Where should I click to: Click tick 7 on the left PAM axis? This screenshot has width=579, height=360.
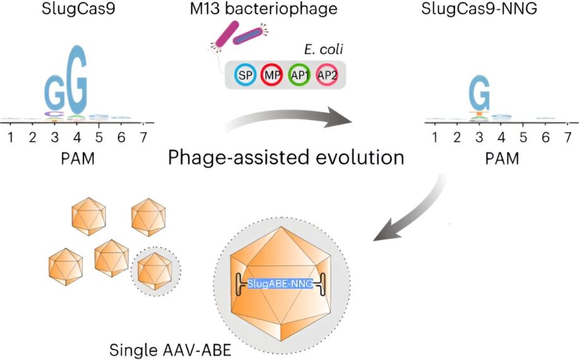click(144, 136)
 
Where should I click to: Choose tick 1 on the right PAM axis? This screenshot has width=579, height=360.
click(434, 136)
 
